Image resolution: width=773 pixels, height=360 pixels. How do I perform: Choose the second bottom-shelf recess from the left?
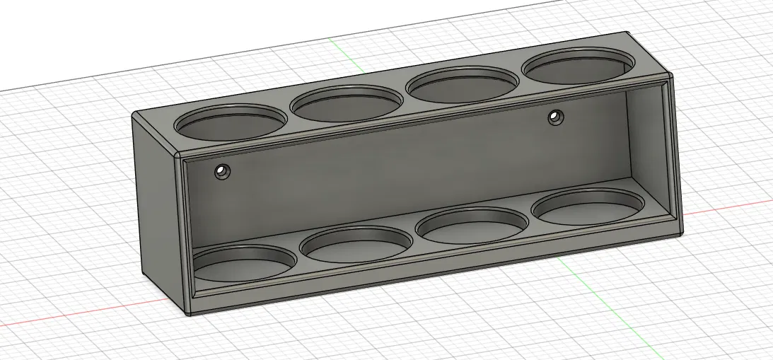[355, 244]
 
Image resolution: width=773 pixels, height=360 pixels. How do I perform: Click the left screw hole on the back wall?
[223, 171]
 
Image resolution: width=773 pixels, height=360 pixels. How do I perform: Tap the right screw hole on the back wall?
[556, 117]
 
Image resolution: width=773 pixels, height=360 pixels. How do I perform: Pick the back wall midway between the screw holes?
[389, 152]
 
